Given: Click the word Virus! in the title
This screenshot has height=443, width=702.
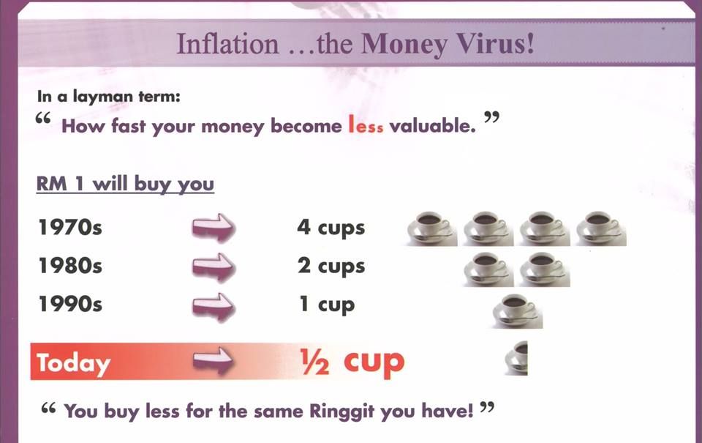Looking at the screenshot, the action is [x=494, y=43].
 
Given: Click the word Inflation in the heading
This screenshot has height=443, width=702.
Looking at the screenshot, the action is [x=227, y=44].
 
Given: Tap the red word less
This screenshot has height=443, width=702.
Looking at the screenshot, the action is [x=366, y=125].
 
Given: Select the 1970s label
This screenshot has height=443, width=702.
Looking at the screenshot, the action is [x=70, y=227].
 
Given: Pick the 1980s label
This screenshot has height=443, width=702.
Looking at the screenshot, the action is [x=70, y=266].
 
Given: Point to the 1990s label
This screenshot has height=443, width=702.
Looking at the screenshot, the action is [x=70, y=304].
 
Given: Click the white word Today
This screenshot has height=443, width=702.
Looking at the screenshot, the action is [x=73, y=362].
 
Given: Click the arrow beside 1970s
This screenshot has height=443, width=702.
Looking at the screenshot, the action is [x=214, y=228].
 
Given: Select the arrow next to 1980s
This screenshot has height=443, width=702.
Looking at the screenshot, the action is [x=214, y=267].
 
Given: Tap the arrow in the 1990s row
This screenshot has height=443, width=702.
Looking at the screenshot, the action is [x=214, y=307].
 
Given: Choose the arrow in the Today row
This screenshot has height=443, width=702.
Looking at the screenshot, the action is [x=214, y=360].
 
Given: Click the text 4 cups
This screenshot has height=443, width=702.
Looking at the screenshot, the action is [x=331, y=228].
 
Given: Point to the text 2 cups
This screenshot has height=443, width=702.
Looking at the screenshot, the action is [x=331, y=266].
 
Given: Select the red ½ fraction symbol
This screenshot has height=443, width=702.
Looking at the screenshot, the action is [x=315, y=362].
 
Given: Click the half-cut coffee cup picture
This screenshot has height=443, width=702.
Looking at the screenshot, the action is [x=516, y=358].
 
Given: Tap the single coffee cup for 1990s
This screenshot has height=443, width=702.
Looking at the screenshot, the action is [x=518, y=310].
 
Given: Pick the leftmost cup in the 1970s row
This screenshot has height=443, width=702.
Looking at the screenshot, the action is [x=432, y=228].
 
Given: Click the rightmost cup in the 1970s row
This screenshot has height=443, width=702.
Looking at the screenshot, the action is [x=601, y=228].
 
